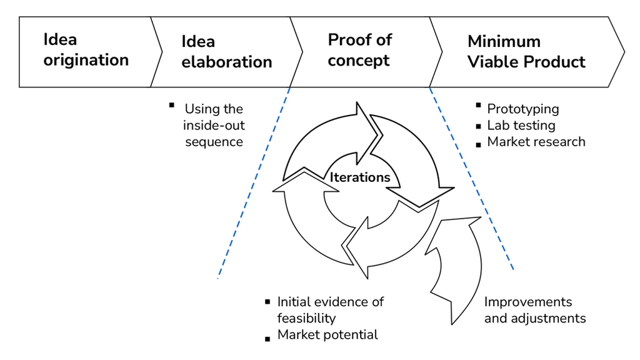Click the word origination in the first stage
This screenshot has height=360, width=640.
pos(86,61)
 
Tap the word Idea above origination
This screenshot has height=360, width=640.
pos(60,39)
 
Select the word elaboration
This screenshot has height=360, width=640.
pos(226,62)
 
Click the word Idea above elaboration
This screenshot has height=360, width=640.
pos(198,42)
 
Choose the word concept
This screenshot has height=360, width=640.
pos(358,61)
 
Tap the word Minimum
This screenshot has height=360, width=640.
pos(504,42)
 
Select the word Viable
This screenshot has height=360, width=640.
pos(493,62)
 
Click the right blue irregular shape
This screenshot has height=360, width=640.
pos(512,231)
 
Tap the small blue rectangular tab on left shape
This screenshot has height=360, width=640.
pos(223,261)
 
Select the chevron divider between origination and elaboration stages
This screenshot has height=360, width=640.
pos(157,52)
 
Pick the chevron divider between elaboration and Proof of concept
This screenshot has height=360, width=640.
pos(297,52)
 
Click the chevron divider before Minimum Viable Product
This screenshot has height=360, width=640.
pos(436,52)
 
